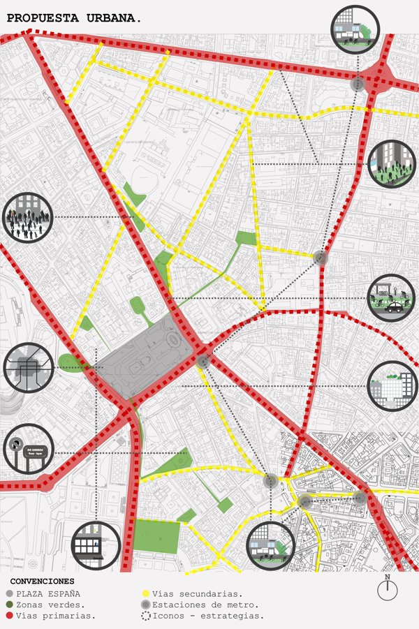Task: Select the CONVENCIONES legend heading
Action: tap(42, 581)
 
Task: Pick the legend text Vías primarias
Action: tap(55, 616)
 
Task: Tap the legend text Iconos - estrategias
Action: tap(208, 616)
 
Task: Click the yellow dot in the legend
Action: tap(145, 593)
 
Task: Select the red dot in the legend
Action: tap(9, 616)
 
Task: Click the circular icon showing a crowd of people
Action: tap(28, 217)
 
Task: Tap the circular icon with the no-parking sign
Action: tap(28, 449)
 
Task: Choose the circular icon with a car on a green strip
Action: tap(392, 298)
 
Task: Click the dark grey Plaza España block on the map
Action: tap(143, 356)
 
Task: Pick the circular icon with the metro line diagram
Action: tap(28, 367)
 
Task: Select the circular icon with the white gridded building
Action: tap(392, 386)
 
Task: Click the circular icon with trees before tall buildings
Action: tap(392, 164)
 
